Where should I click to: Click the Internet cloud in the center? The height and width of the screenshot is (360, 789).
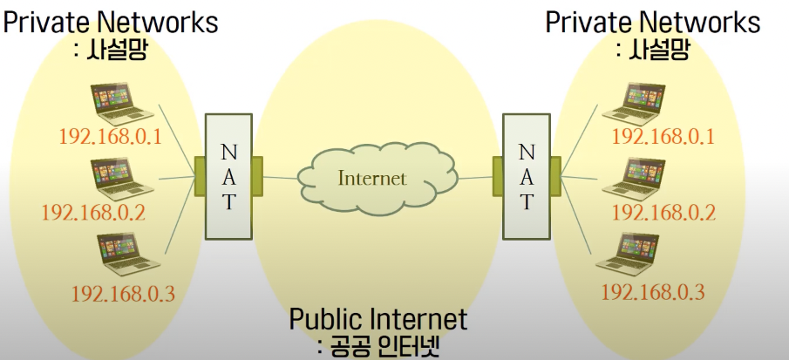pyautogui.click(x=372, y=178)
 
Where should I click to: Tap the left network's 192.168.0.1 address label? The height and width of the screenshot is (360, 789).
pyautogui.click(x=111, y=137)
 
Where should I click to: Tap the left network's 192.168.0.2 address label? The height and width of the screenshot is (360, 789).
pyautogui.click(x=93, y=212)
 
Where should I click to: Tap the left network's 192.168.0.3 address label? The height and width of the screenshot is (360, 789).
pyautogui.click(x=123, y=292)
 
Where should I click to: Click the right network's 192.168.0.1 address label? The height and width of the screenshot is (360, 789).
pyautogui.click(x=663, y=137)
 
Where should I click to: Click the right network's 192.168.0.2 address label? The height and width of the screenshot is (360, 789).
pyautogui.click(x=663, y=212)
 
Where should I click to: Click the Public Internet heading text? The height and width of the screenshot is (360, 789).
pyautogui.click(x=378, y=319)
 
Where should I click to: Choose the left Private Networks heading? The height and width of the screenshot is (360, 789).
pyautogui.click(x=110, y=21)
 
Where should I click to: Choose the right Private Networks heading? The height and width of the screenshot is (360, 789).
pyautogui.click(x=653, y=21)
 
